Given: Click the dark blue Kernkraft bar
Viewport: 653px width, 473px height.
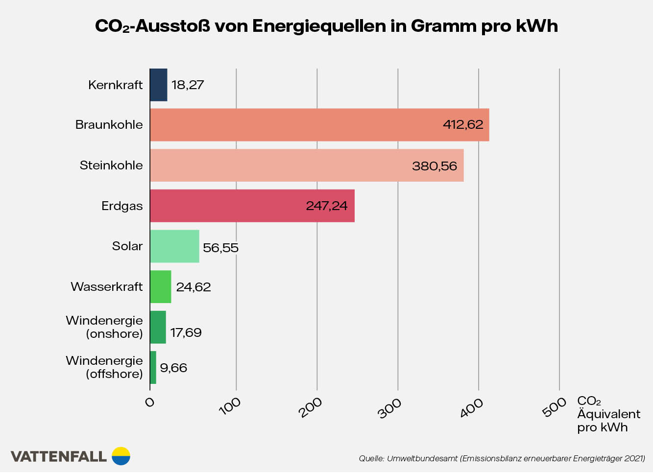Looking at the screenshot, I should click(x=158, y=85).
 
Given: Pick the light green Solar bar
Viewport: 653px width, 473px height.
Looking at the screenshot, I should click(x=174, y=246).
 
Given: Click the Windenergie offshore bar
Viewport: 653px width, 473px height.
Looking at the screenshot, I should click(x=153, y=368).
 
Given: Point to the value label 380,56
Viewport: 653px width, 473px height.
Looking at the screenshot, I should click(x=434, y=166).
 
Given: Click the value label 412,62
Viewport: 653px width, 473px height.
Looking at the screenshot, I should click(x=463, y=125).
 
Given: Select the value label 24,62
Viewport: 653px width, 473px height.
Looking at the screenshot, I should click(x=193, y=287).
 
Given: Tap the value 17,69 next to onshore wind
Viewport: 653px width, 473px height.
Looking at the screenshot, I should click(x=186, y=333).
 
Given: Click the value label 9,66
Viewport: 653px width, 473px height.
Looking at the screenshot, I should click(x=173, y=368).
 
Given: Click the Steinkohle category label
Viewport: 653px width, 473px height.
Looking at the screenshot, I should click(x=111, y=166).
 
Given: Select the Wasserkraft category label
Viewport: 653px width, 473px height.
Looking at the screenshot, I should click(x=106, y=286).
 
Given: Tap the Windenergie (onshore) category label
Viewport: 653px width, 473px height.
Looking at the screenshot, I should click(x=104, y=327).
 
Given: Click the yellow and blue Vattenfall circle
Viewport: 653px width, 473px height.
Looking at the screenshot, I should click(x=121, y=456).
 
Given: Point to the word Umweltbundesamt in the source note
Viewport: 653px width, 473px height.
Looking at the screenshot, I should click(x=422, y=459).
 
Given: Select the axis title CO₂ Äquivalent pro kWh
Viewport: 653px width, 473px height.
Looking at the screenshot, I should click(x=607, y=414).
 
